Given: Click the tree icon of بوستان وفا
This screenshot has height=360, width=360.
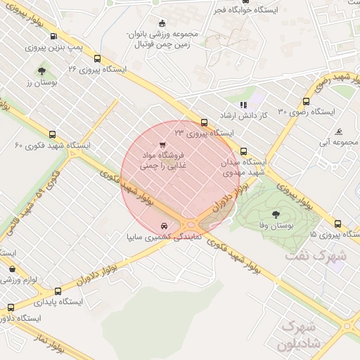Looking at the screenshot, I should point(274,215).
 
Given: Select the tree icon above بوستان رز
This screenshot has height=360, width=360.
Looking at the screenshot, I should point(42,71).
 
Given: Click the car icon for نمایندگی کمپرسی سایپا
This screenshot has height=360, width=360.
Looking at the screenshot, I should point(164,226).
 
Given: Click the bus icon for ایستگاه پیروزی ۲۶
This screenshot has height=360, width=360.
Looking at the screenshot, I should point(97,59).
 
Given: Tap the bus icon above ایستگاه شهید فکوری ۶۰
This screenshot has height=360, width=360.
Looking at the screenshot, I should point(53,134).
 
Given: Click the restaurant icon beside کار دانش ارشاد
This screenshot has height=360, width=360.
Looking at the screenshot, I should point(243,105).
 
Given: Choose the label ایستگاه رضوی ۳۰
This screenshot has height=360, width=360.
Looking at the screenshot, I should point(307,112).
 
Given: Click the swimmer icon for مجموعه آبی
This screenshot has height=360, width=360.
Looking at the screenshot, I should point(339,131).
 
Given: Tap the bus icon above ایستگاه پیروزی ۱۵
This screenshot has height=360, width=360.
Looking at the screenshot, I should point(337,224).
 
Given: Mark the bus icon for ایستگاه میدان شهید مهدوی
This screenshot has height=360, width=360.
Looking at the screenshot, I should point(244,151).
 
